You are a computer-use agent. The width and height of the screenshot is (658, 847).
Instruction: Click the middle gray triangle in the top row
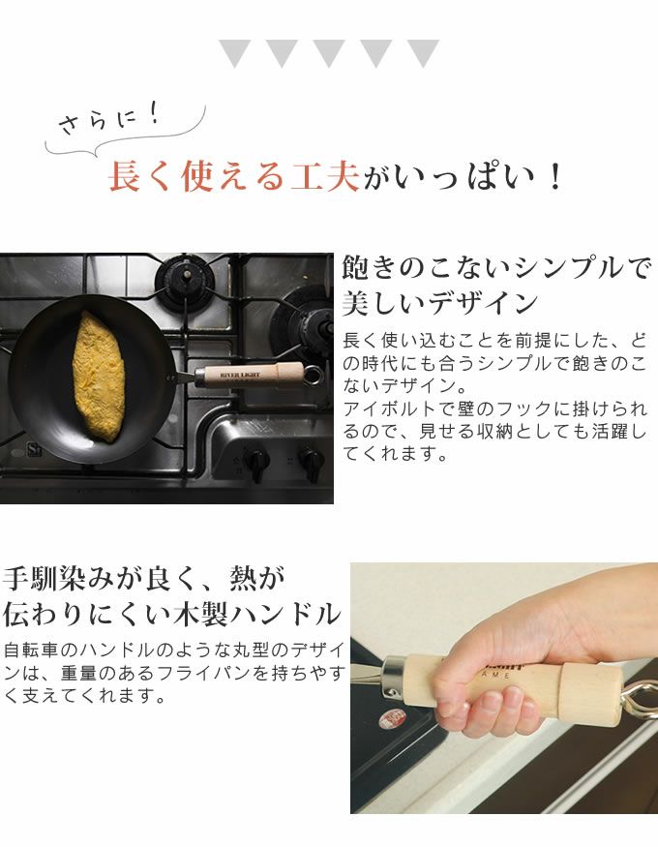[328, 52]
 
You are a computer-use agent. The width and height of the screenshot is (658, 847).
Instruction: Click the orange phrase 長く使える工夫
[234, 176]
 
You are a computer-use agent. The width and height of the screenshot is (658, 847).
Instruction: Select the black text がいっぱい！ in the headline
[464, 176]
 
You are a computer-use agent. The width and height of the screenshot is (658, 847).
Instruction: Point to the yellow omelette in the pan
[99, 376]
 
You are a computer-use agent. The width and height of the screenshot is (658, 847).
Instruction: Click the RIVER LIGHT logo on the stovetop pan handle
[240, 375]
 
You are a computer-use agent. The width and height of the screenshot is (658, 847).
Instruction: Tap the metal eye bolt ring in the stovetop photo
[313, 375]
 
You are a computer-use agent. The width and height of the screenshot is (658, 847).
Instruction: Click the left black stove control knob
[255, 463]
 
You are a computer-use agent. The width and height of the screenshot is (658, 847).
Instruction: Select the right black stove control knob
[312, 463]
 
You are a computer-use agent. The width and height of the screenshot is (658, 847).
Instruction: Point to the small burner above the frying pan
[185, 281]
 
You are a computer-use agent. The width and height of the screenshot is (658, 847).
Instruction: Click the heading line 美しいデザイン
[440, 303]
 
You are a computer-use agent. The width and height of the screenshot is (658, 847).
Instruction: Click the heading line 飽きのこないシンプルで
[495, 267]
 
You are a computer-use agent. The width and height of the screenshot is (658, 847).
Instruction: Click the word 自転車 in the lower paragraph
[32, 650]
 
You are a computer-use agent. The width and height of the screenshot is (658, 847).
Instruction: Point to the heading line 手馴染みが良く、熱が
[144, 578]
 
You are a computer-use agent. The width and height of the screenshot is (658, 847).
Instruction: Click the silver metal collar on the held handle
[394, 677]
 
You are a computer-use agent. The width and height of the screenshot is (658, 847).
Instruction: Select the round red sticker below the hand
[393, 719]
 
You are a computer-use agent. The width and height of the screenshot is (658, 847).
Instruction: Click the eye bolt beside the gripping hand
[639, 700]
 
